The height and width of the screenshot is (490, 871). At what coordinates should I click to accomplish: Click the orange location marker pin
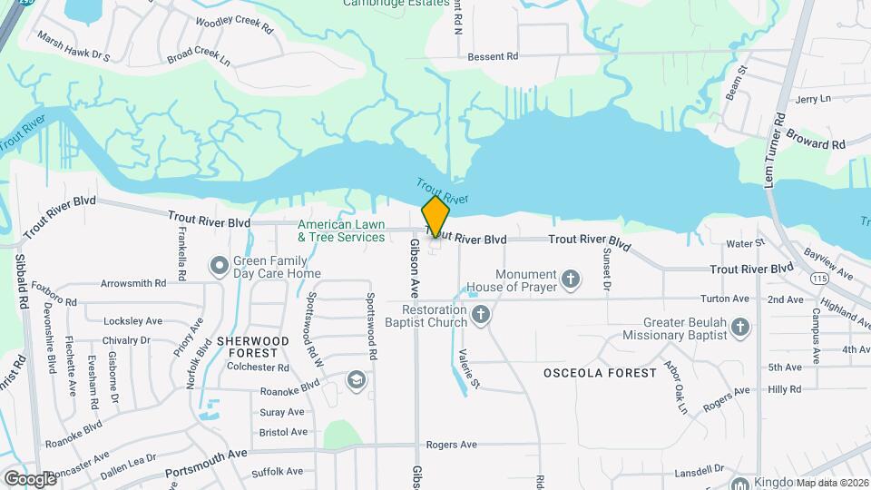tap(435, 217)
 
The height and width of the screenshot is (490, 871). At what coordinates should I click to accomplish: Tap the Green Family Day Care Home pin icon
tap(219, 266)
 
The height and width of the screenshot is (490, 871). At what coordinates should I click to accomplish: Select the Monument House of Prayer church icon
tap(571, 279)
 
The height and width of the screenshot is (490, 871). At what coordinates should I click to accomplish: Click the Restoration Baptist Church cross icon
tap(481, 314)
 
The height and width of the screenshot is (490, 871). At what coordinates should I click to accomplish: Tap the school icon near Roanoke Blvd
tap(357, 378)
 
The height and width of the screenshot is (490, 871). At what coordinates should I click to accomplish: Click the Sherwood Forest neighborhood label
tap(253, 347)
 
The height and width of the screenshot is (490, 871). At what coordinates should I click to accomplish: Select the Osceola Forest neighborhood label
tap(600, 373)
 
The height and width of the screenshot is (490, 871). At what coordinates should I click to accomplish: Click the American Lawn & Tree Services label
tap(341, 230)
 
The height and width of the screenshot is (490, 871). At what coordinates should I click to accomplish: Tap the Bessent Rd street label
tap(493, 56)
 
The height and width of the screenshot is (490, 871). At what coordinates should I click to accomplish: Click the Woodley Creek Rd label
tap(233, 24)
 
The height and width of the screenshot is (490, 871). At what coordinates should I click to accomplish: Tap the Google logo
tap(30, 478)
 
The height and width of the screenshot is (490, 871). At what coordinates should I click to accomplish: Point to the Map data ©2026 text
tap(832, 483)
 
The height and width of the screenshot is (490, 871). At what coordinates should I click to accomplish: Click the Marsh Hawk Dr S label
tap(73, 47)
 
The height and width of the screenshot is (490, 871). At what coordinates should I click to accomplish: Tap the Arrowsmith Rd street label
tap(133, 283)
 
